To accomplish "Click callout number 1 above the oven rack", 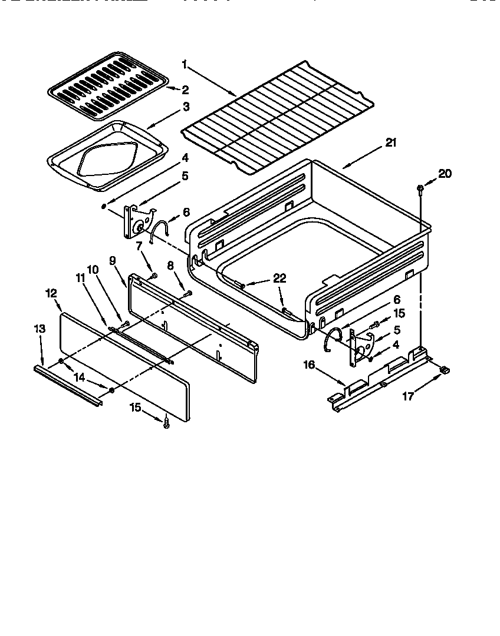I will [185, 63].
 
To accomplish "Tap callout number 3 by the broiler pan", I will [185, 107].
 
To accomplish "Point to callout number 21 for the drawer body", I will [391, 143].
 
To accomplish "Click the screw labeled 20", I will [419, 188].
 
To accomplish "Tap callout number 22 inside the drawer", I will [279, 278].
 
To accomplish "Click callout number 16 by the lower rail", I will [309, 365].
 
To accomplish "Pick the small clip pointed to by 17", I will [445, 370].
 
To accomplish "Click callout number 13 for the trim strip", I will [39, 328].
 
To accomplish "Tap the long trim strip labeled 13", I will [68, 385].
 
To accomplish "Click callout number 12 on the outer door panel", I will [51, 292].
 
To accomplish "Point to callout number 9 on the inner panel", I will [112, 259].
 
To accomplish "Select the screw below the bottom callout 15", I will [167, 421].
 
